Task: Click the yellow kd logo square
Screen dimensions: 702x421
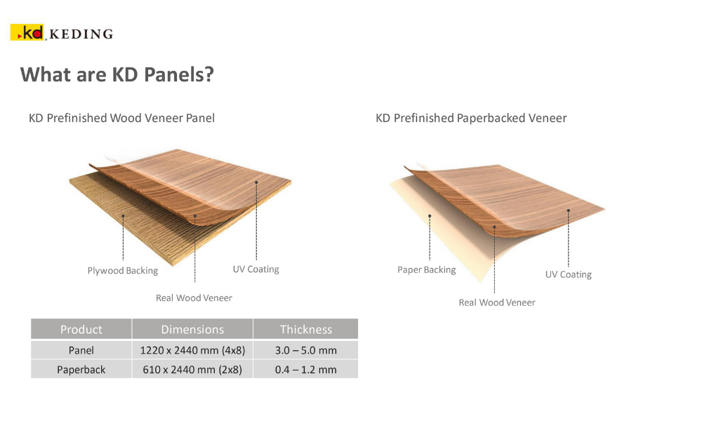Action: click(x=27, y=32)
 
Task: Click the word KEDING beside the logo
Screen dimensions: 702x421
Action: click(x=81, y=34)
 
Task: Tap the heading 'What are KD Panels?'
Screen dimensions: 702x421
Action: click(x=117, y=74)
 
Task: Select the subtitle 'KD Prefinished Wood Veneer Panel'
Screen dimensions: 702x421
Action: click(x=121, y=118)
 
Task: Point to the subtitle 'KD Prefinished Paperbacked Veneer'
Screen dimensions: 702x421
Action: click(x=471, y=118)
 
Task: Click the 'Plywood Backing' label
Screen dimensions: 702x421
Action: click(x=123, y=271)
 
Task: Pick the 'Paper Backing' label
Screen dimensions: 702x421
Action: click(x=427, y=269)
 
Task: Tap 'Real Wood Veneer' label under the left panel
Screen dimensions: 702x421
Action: click(x=194, y=298)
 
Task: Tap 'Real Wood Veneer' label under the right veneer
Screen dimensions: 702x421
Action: click(x=497, y=302)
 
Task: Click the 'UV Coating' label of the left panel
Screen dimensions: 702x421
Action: click(x=256, y=269)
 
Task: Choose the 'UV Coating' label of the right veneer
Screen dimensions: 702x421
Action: click(x=568, y=274)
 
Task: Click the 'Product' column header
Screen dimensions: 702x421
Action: click(x=81, y=330)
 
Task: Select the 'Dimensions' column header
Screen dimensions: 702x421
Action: click(x=192, y=330)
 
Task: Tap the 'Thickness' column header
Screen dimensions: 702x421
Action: click(x=306, y=330)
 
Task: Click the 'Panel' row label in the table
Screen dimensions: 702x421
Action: click(x=81, y=350)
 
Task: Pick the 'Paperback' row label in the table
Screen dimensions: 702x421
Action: click(x=81, y=370)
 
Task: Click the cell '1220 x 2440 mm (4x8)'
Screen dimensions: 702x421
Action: click(x=192, y=350)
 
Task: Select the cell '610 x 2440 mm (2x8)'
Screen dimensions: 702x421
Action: click(x=192, y=370)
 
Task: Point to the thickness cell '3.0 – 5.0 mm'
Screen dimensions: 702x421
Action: click(x=306, y=350)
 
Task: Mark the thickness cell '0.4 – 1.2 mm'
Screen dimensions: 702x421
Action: click(x=306, y=370)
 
